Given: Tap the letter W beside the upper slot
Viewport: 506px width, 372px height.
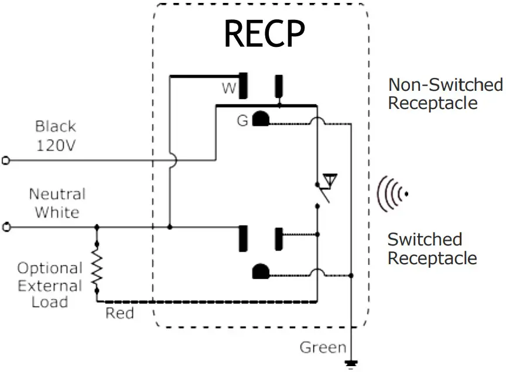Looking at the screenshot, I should tap(228, 88).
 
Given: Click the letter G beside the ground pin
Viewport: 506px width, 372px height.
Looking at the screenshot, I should tap(242, 121).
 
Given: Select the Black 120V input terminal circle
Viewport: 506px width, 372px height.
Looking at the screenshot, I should tap(6, 160).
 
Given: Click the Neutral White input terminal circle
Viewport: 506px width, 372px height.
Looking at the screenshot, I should tap(6, 227).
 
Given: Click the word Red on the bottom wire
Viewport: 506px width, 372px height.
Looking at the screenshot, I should tap(119, 313).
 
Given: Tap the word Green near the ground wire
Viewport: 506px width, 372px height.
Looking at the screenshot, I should tap(323, 347).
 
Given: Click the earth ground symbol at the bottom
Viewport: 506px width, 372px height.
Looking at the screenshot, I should tap(351, 364).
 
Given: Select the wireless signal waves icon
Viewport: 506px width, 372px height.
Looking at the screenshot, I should tap(392, 193).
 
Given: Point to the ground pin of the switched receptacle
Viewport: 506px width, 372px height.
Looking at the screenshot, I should tap(260, 272).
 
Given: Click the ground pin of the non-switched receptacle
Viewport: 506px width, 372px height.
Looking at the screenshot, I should tap(260, 120).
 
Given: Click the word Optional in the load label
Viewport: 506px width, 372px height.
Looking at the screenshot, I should tap(50, 268).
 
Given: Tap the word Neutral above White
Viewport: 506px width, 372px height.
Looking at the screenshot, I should tap(57, 194).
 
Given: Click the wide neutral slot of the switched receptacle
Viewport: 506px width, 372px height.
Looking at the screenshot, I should tap(243, 238).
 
